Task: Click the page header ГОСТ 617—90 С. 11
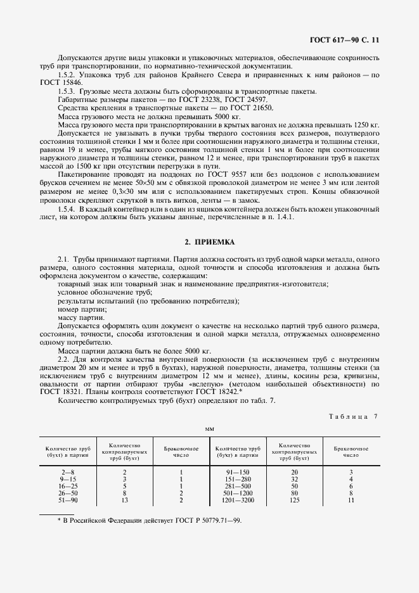[346, 39]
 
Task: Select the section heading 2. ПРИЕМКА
[210, 242]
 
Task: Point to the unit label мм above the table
[209, 429]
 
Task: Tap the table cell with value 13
[124, 500]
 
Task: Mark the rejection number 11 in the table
[351, 500]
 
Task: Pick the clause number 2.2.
[63, 359]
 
